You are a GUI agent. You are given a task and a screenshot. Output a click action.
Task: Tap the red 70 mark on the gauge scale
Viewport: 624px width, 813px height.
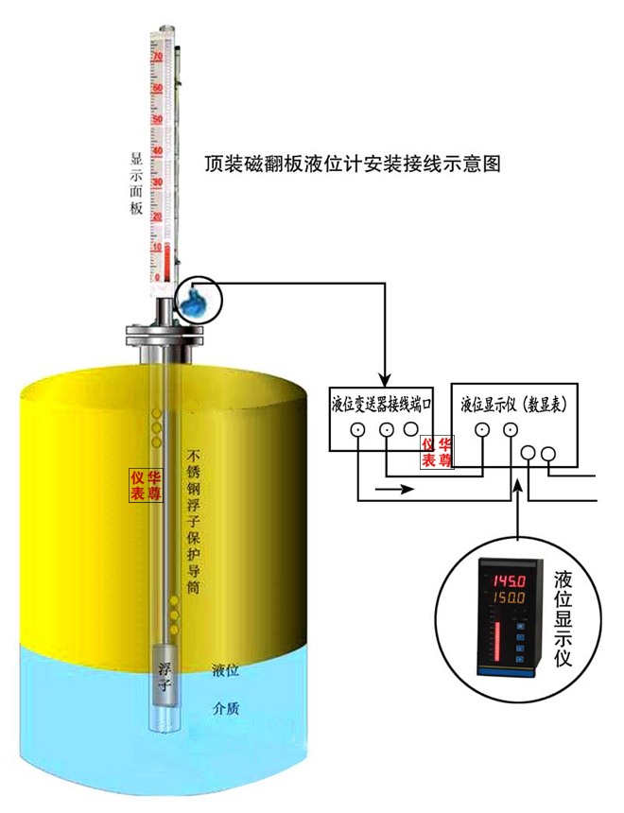(x=158, y=58)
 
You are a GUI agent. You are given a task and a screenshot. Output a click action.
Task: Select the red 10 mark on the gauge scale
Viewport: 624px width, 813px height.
(x=158, y=247)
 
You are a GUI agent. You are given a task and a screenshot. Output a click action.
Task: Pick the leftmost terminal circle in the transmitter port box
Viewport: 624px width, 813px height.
(x=358, y=430)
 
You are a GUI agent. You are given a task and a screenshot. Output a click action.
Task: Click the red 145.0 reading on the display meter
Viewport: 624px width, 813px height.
(x=504, y=579)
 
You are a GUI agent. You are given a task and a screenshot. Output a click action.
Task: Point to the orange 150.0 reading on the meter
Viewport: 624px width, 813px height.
(x=504, y=599)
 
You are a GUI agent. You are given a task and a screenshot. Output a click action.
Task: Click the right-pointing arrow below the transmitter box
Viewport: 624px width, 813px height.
(x=397, y=490)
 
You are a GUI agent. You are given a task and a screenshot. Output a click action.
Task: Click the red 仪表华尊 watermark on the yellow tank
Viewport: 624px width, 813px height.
(x=146, y=485)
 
